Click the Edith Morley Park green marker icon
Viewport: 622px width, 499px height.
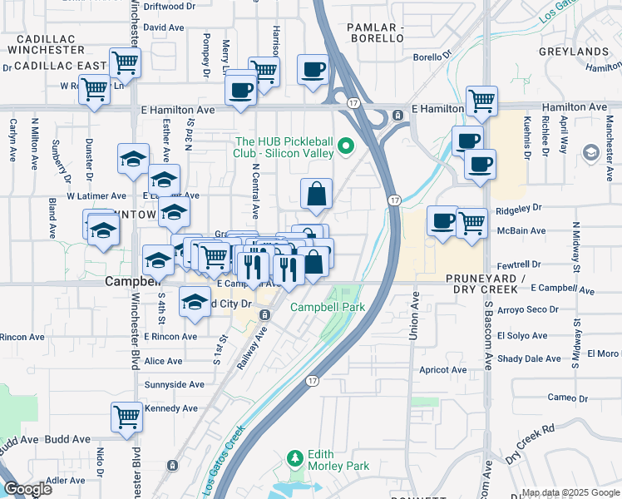tap(294, 458)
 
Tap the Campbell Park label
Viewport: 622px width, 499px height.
tap(328, 307)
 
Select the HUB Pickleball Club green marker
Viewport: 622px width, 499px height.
tap(348, 148)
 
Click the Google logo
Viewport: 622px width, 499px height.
tap(27, 489)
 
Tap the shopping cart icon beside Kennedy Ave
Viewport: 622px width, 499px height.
tap(126, 417)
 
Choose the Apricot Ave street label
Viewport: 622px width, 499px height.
tap(443, 369)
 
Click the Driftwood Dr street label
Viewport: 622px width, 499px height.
tap(170, 6)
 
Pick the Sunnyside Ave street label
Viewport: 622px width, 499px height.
tap(174, 384)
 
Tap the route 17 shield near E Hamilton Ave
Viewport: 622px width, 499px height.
tap(354, 103)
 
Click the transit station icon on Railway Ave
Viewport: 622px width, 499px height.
tap(264, 314)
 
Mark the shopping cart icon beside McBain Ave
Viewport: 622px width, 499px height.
tap(472, 223)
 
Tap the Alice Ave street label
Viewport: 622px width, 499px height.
tap(163, 361)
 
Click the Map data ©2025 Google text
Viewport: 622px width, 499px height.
tap(570, 492)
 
